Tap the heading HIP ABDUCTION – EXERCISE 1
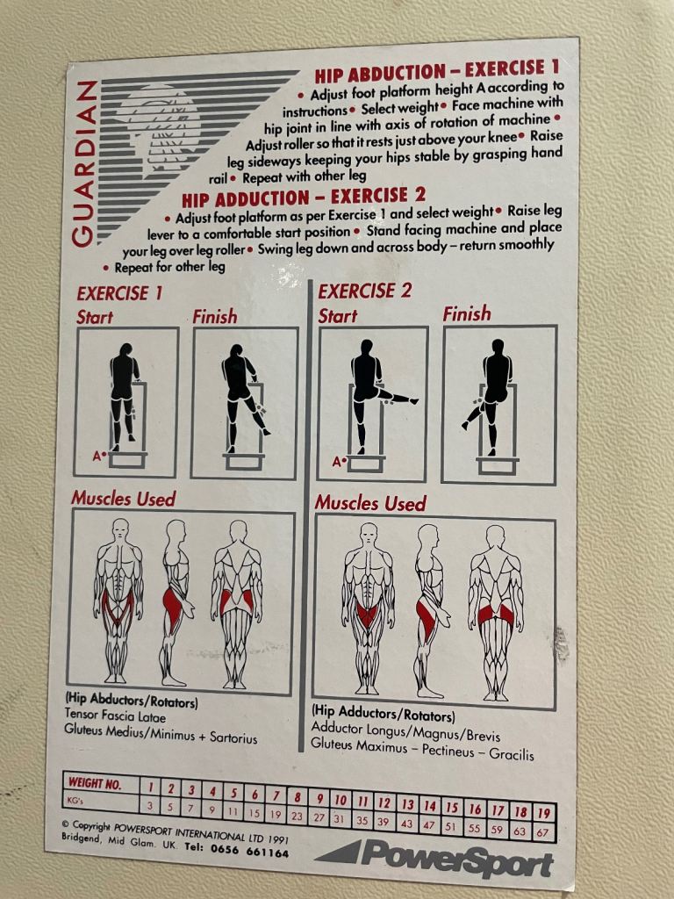pos(436,71)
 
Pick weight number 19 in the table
pos(543,813)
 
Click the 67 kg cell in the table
pos(544,831)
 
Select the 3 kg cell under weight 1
pos(150,805)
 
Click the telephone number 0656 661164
pos(254,852)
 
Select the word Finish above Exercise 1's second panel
pos(215,316)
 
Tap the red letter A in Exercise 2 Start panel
pos(336,460)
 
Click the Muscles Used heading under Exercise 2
pos(369,503)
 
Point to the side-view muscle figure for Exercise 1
pos(175,601)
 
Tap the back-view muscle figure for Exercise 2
pos(495,611)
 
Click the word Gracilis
pos(511,754)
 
